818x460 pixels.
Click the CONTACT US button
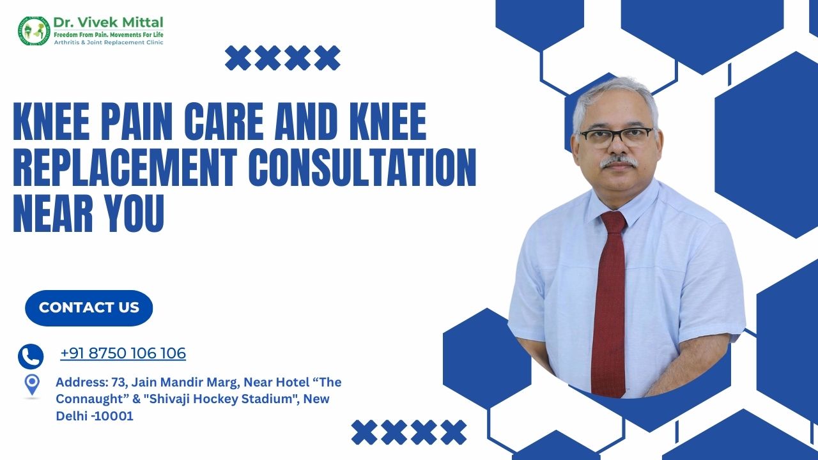pos(89,308)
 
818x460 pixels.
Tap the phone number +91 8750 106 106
pos(123,353)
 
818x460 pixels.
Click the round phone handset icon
pos(31,356)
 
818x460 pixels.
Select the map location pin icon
pos(32,385)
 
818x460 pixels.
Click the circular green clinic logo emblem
pos(34,31)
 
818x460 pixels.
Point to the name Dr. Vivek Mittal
pos(109,22)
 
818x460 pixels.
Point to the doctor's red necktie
pos(609,303)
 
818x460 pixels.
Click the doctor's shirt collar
pos(621,204)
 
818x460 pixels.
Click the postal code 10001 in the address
pos(114,416)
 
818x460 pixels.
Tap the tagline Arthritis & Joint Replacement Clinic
pos(109,42)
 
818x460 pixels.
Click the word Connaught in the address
pos(88,399)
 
